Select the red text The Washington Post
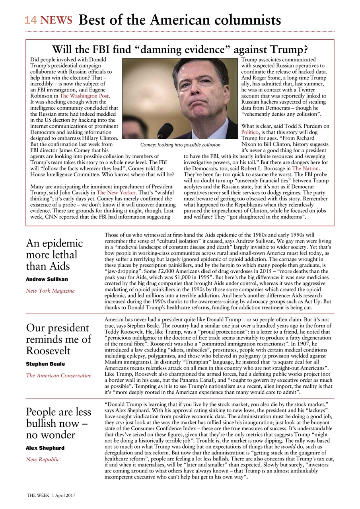pyautogui.click(x=84, y=96)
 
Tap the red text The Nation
pyautogui.click(x=305, y=168)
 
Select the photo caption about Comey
pyautogui.click(x=180, y=145)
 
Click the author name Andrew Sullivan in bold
pyautogui.click(x=47, y=280)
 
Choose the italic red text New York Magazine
pyautogui.click(x=50, y=291)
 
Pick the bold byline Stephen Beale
pyautogui.click(x=45, y=364)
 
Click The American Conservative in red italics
pyautogui.click(x=58, y=375)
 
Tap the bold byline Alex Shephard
pyautogui.click(x=45, y=448)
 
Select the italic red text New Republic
pyautogui.click(x=43, y=459)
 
